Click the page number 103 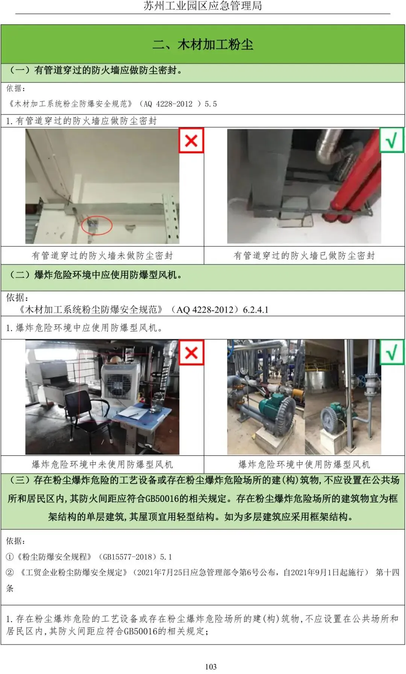pyautogui.click(x=211, y=666)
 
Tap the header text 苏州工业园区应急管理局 pyautogui.click(x=203, y=6)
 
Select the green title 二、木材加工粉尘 pyautogui.click(x=203, y=45)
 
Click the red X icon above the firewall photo pyautogui.click(x=191, y=141)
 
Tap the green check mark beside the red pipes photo pyautogui.click(x=392, y=140)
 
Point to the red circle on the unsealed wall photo pyautogui.click(x=97, y=225)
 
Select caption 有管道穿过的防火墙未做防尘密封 pyautogui.click(x=102, y=255)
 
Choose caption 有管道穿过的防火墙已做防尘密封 pyautogui.click(x=304, y=255)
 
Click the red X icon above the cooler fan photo pyautogui.click(x=191, y=352)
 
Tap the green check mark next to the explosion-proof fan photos pyautogui.click(x=392, y=352)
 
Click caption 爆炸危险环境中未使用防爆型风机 pyautogui.click(x=102, y=464)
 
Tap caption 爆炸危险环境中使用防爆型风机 pyautogui.click(x=304, y=464)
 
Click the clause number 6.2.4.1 pyautogui.click(x=256, y=310)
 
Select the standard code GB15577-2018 pyautogui.click(x=127, y=556)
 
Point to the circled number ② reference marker pyautogui.click(x=10, y=572)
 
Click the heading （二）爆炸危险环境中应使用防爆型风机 pyautogui.click(x=95, y=275)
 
